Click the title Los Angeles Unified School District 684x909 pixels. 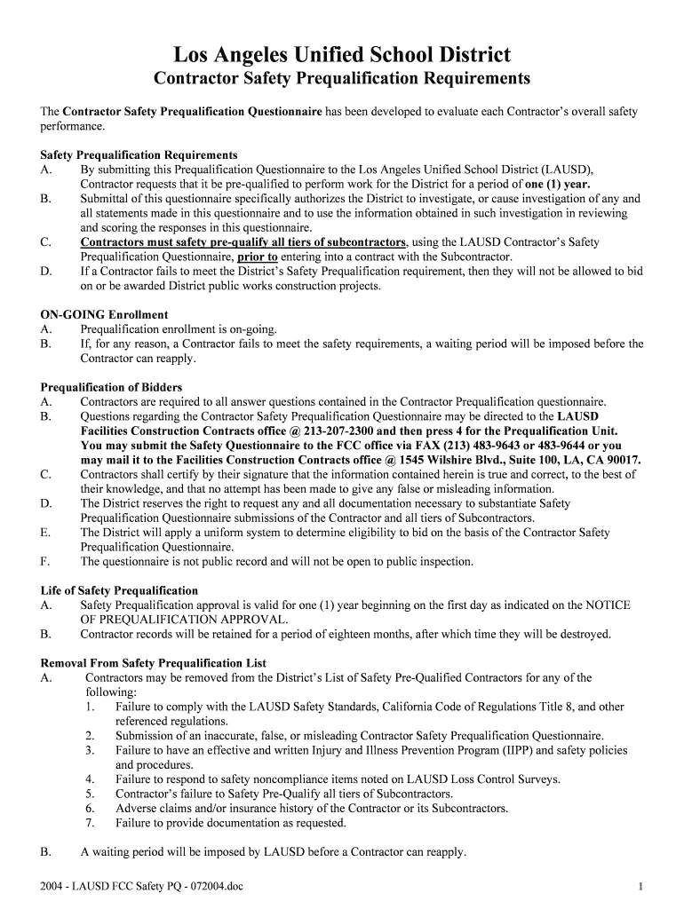[342, 55]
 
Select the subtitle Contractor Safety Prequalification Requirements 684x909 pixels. [342, 80]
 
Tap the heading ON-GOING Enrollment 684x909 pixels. [104, 315]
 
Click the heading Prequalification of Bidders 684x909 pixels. [111, 387]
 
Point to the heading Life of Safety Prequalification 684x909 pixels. [119, 591]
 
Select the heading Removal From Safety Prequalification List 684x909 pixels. [154, 663]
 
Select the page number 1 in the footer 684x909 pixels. [640, 886]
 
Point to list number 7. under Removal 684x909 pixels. [91, 823]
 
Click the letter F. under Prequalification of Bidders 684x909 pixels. [45, 561]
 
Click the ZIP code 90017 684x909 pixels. [623, 460]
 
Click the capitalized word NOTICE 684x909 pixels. [608, 605]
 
